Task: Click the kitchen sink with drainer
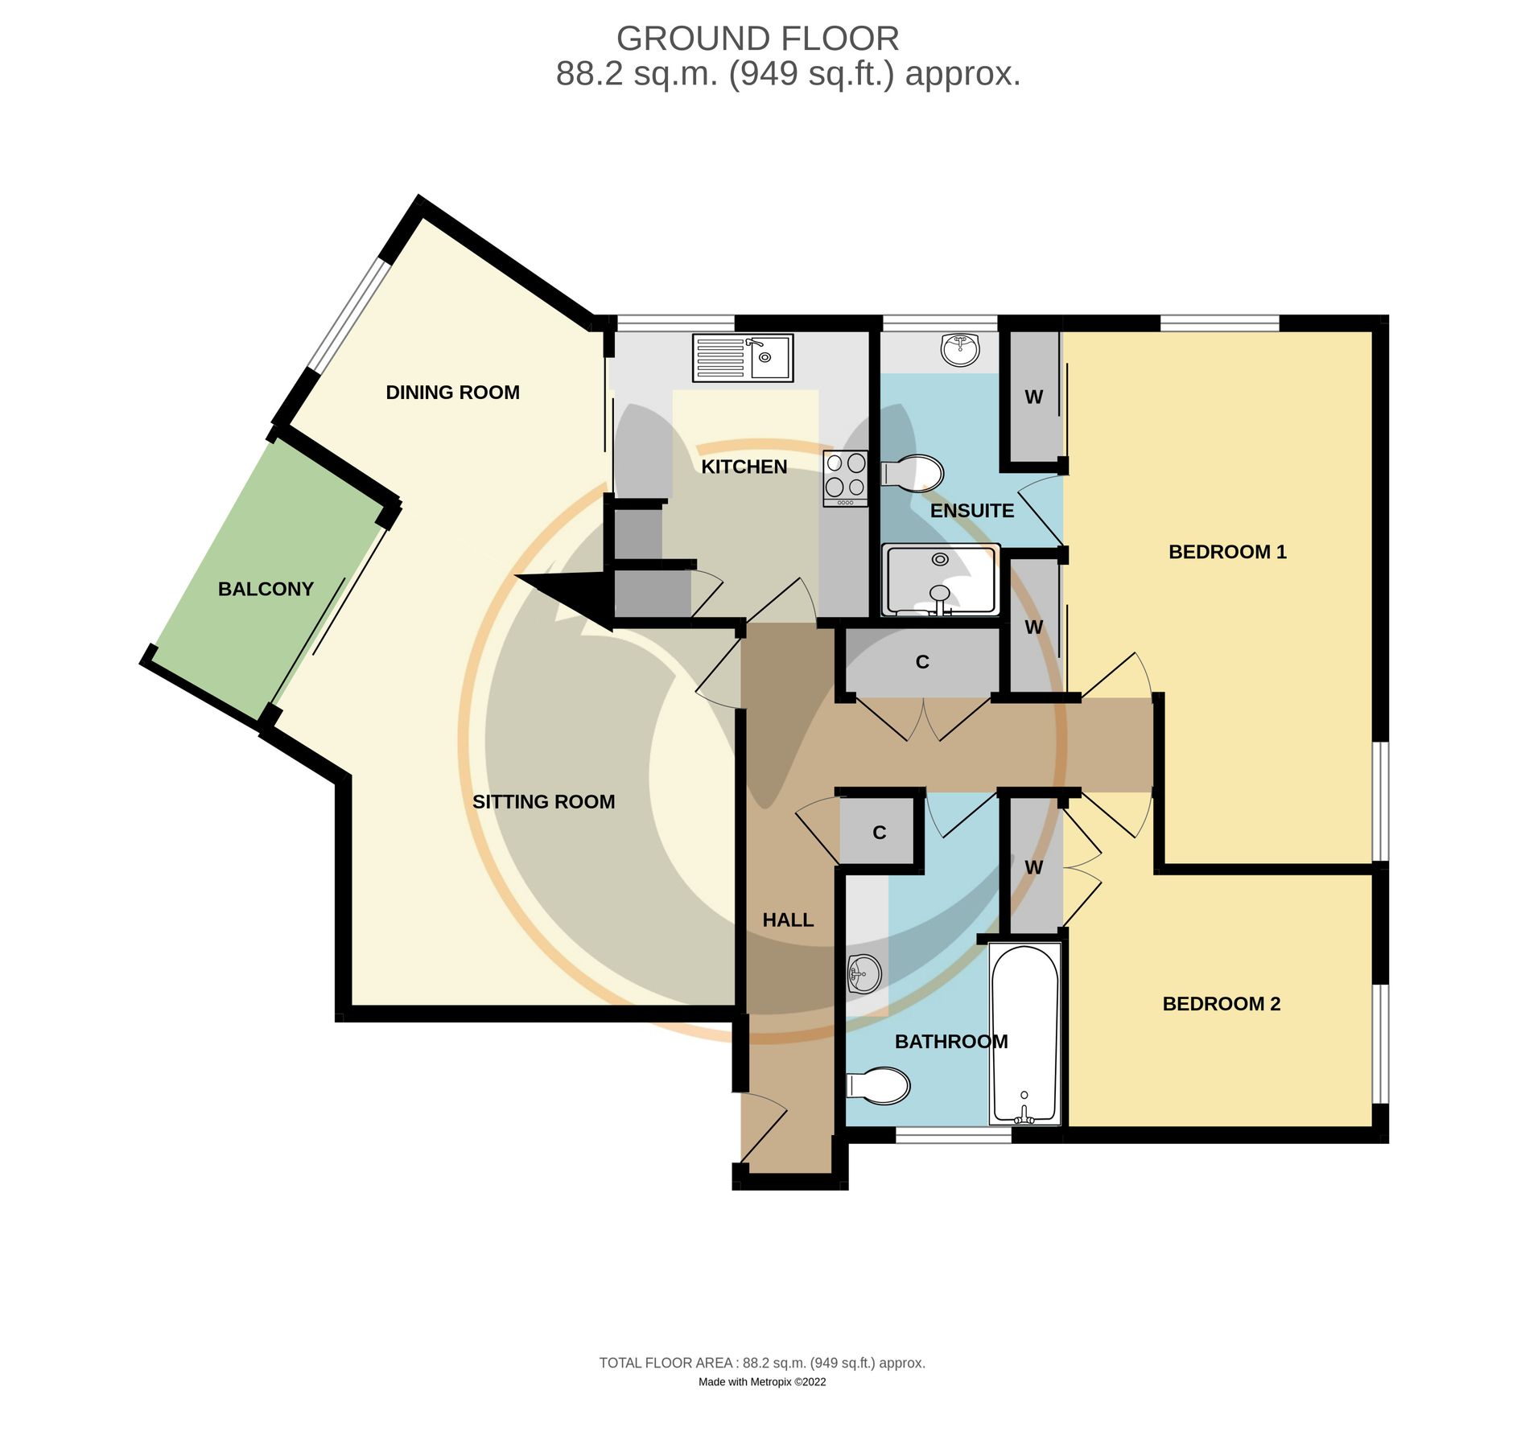click(742, 357)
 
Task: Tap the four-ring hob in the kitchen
click(845, 477)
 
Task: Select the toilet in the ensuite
click(913, 474)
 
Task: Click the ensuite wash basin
click(959, 349)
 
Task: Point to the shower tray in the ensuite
click(940, 579)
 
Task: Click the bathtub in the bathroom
click(1024, 1034)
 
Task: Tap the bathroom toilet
click(879, 1085)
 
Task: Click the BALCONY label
click(266, 589)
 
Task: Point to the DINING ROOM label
click(452, 393)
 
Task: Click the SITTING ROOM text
click(543, 802)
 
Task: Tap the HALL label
click(788, 919)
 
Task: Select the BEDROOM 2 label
click(1221, 1003)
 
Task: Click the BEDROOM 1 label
click(1227, 552)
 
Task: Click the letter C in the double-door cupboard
click(922, 662)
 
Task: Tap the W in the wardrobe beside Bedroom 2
click(1033, 867)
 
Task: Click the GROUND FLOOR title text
click(757, 39)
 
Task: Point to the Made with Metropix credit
click(761, 1382)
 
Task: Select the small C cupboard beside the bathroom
click(879, 833)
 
